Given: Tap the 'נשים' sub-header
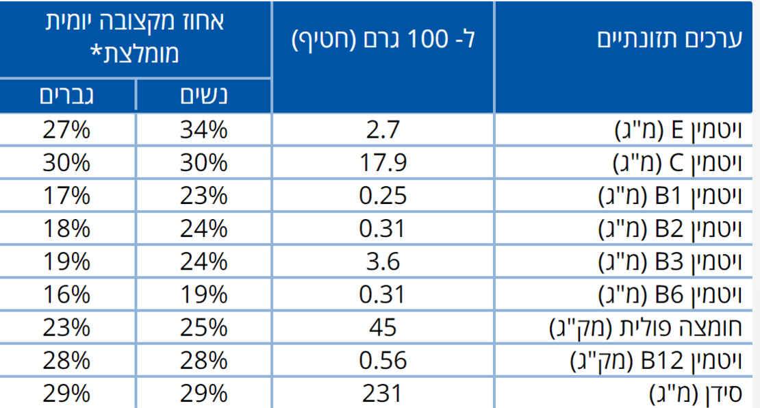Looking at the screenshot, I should [x=203, y=96].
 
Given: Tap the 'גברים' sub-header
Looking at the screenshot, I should [x=66, y=96].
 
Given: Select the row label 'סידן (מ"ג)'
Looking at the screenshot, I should [x=694, y=393].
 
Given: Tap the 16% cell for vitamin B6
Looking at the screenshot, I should [x=66, y=294].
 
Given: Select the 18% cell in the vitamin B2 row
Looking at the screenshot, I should [x=66, y=229].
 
